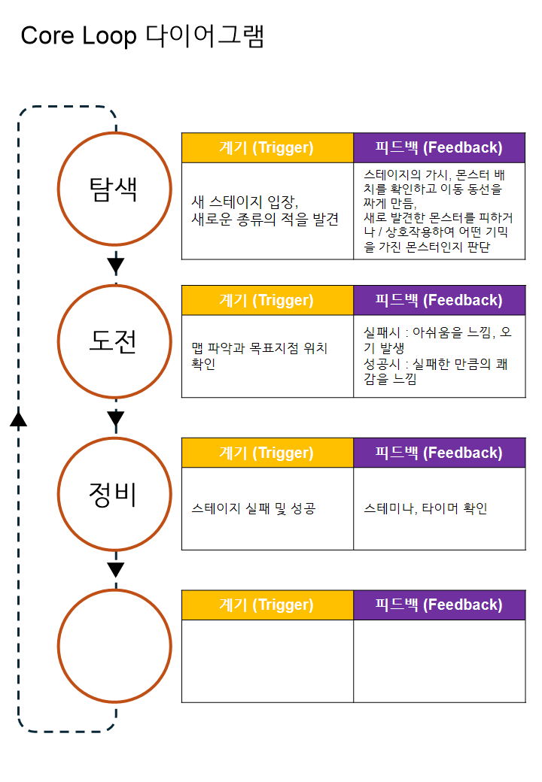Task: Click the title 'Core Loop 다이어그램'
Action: tap(142, 36)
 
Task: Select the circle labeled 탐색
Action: tap(115, 189)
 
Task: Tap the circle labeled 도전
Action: tap(115, 342)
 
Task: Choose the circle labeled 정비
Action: tap(115, 494)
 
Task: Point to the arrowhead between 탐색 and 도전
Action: tap(115, 265)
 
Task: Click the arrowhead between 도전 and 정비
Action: tap(115, 418)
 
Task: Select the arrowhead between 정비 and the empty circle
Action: tap(115, 570)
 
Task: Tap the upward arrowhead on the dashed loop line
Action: tap(19, 418)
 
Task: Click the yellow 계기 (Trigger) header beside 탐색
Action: tap(266, 147)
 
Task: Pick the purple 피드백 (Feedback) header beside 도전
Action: tap(439, 300)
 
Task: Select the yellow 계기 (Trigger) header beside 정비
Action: tap(266, 453)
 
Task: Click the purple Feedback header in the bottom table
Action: tap(439, 605)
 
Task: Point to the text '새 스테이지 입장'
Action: tap(245, 202)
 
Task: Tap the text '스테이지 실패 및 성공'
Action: tap(254, 509)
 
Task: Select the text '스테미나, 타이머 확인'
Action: tap(425, 509)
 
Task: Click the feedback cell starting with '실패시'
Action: tap(439, 356)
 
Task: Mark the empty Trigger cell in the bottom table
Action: tap(266, 661)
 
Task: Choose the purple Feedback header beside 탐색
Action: tap(439, 147)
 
